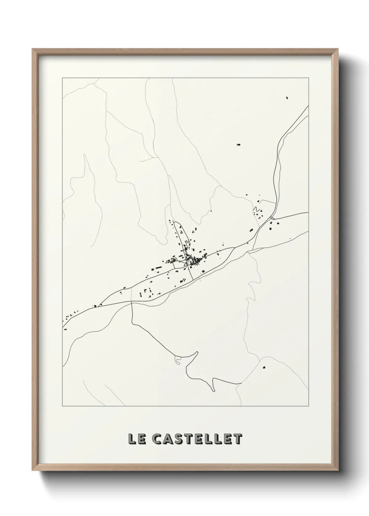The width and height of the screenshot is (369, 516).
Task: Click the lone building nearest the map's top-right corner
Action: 287,98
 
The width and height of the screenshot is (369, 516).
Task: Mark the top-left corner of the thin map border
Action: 62,78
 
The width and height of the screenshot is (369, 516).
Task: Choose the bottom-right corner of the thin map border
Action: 309,406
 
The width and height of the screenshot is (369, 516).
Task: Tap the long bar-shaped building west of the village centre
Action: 157,268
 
